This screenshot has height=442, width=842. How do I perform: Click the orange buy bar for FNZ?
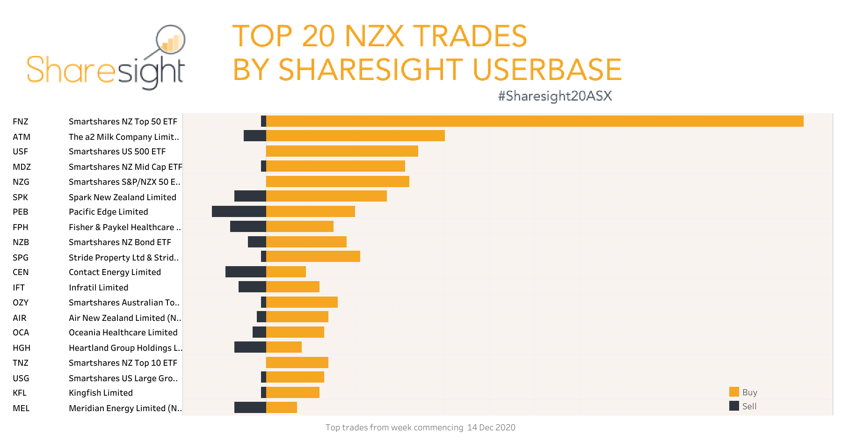pyautogui.click(x=535, y=121)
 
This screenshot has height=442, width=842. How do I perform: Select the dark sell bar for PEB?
pyautogui.click(x=239, y=211)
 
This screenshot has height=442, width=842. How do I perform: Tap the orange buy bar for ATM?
pyautogui.click(x=355, y=136)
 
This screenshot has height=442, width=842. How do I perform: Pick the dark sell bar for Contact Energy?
pyautogui.click(x=246, y=272)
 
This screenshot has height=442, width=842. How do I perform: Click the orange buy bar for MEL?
pyautogui.click(x=281, y=407)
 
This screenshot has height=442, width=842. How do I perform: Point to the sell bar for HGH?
pyautogui.click(x=250, y=347)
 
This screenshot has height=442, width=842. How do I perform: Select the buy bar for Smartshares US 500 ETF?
pyautogui.click(x=342, y=151)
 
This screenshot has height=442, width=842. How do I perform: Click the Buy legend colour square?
pyautogui.click(x=734, y=392)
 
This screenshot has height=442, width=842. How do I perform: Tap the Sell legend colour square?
pyautogui.click(x=734, y=406)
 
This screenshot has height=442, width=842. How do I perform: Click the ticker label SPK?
pyautogui.click(x=20, y=197)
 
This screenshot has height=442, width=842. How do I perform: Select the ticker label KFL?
pyautogui.click(x=20, y=393)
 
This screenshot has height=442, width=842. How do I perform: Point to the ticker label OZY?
pyautogui.click(x=21, y=303)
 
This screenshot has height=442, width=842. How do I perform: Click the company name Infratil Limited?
pyautogui.click(x=98, y=288)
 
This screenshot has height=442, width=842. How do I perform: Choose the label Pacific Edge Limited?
pyautogui.click(x=108, y=212)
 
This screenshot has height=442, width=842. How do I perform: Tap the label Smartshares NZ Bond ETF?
pyautogui.click(x=120, y=242)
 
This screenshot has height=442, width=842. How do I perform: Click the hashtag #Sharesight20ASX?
pyautogui.click(x=555, y=96)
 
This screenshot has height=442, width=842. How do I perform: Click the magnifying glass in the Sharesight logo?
pyautogui.click(x=170, y=40)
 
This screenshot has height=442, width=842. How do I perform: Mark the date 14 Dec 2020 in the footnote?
pyautogui.click(x=491, y=428)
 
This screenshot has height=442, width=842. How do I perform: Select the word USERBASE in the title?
pyautogui.click(x=547, y=70)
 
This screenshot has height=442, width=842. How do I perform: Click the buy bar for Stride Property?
pyautogui.click(x=313, y=256)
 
